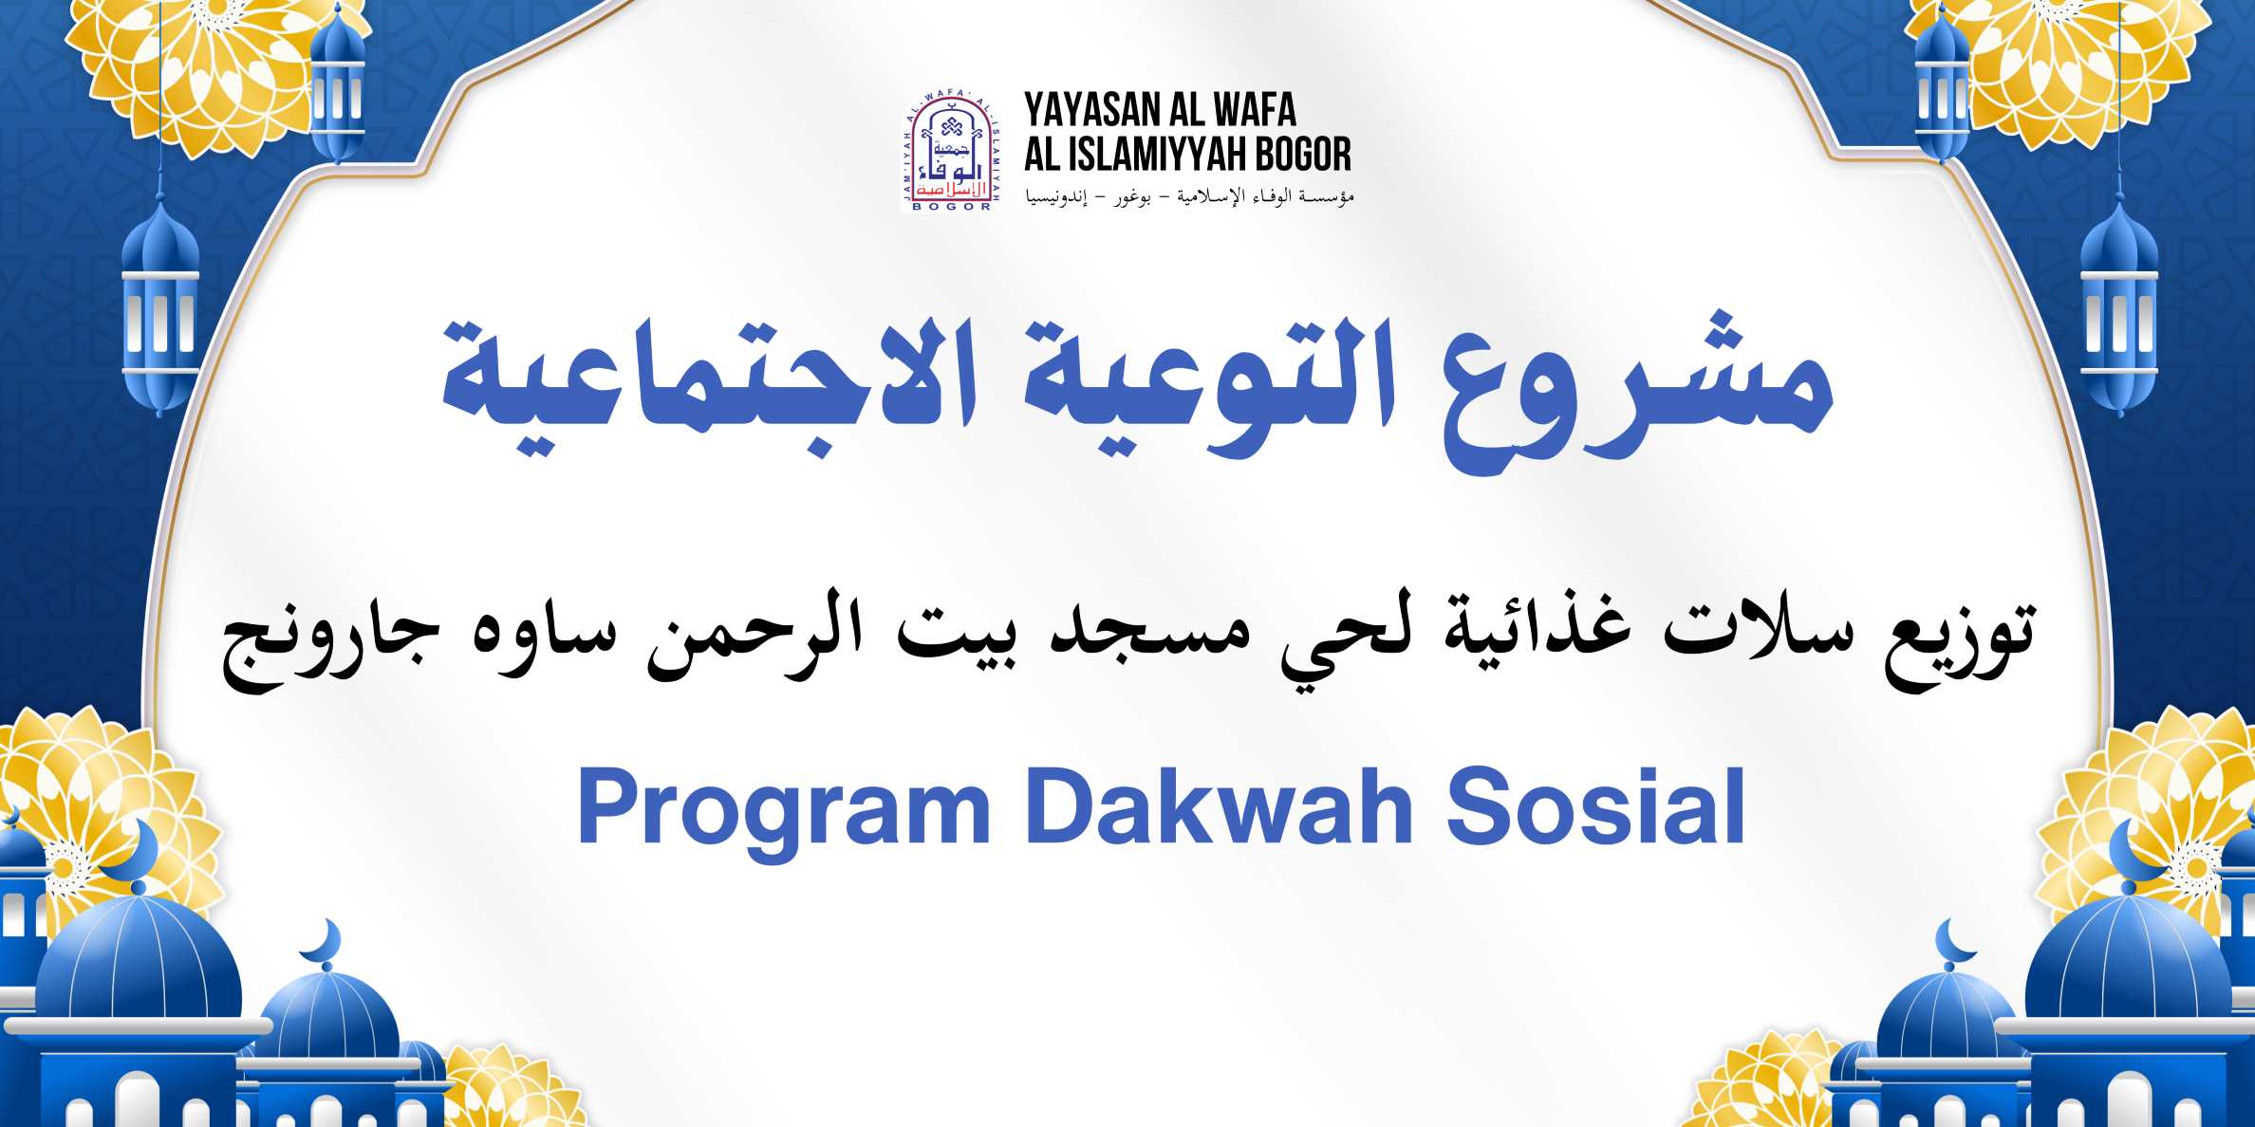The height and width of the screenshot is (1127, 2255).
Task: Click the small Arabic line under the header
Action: click(x=1188, y=197)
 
